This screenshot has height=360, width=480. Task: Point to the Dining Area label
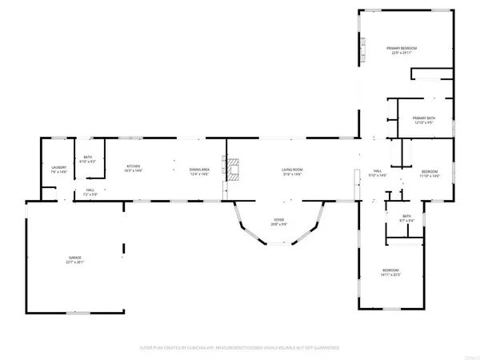[199, 169]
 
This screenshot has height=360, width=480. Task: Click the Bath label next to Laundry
[87, 158]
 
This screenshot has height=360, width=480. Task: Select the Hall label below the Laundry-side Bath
[90, 190]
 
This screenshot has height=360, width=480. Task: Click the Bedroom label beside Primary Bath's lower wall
[430, 171]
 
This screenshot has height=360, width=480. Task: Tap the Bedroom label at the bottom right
[390, 270]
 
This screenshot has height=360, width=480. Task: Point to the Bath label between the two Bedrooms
[406, 216]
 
